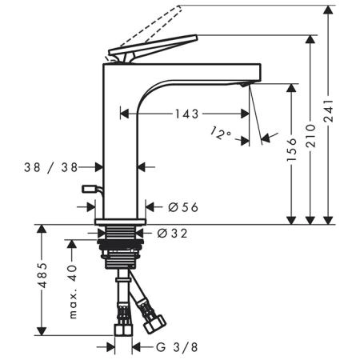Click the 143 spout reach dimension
(186, 114)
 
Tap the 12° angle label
(220, 134)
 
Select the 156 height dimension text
(291, 150)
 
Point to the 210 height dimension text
(310, 135)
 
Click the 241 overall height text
(328, 111)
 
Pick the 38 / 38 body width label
(50, 167)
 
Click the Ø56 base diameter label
(183, 207)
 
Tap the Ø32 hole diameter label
(172, 234)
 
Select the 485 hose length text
(42, 275)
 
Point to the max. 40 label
(73, 291)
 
